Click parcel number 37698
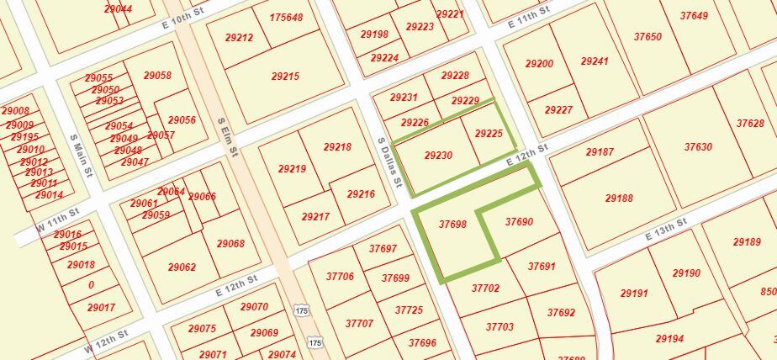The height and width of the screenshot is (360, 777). pyautogui.click(x=452, y=225)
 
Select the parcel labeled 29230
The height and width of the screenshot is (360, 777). pyautogui.click(x=438, y=156)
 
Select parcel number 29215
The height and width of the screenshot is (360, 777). pyautogui.click(x=285, y=77)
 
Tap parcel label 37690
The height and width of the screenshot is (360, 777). pyautogui.click(x=519, y=222)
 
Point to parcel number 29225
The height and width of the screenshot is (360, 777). pyautogui.click(x=489, y=134)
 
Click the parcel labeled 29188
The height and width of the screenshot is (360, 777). pyautogui.click(x=619, y=199)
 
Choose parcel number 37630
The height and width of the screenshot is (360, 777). pyautogui.click(x=698, y=147)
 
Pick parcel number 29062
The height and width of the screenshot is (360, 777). pyautogui.click(x=182, y=267)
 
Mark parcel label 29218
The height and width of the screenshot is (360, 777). pyautogui.click(x=337, y=147)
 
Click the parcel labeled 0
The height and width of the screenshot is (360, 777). pyautogui.click(x=91, y=285)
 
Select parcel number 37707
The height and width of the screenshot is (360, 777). pyautogui.click(x=359, y=323)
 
